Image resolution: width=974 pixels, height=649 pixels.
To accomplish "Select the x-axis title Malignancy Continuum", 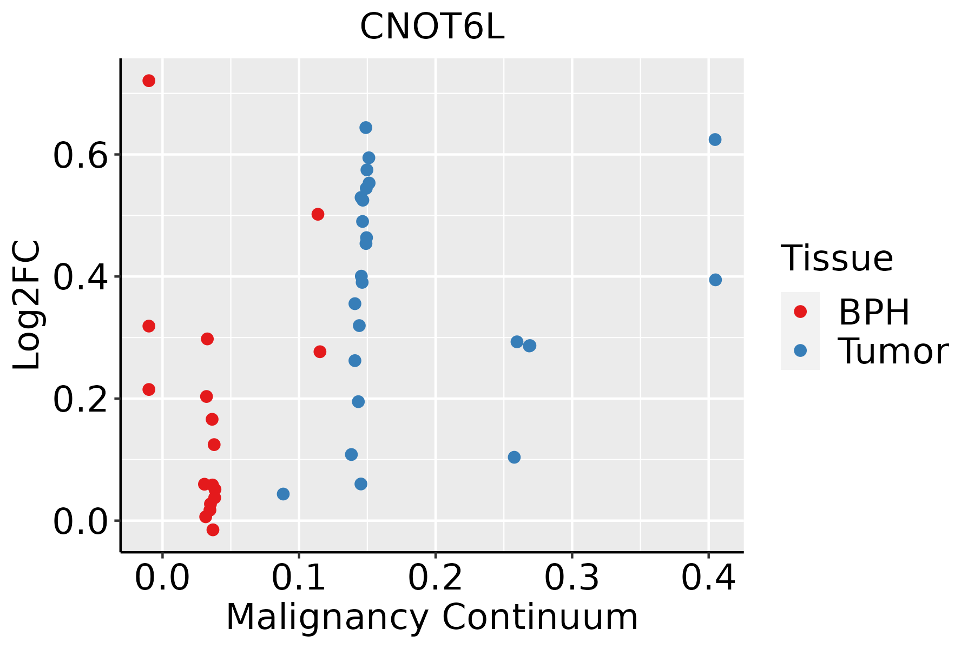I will pos(432,617).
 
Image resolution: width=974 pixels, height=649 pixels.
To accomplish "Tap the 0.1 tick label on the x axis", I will pos(299,578).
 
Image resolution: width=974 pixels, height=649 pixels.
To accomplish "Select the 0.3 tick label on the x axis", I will pos(571,578).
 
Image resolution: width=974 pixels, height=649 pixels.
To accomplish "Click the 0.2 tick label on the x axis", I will pos(435,578).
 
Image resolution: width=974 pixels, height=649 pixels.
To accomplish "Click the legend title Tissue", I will pos(837,258).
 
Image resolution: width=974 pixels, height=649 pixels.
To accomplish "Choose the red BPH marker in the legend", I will pos(800,311).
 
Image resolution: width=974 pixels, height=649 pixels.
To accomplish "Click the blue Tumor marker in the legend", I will pos(800,350).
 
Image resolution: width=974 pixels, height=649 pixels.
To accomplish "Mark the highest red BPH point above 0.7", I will pos(149,81).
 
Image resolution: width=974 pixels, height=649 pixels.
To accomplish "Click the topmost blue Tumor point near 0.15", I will pos(366,128).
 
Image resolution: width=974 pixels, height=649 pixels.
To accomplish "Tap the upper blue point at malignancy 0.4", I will pos(715,140).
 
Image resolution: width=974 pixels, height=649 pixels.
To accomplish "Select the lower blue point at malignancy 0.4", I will pos(715,280).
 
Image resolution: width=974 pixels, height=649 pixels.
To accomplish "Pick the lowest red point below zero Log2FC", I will pos(213,529).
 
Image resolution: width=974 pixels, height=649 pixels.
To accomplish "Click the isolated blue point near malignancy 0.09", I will pos(283,494).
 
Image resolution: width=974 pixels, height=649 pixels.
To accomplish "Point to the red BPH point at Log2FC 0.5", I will pos(318,214).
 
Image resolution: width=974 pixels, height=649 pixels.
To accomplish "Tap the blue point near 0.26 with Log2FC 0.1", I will pos(514,457).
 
